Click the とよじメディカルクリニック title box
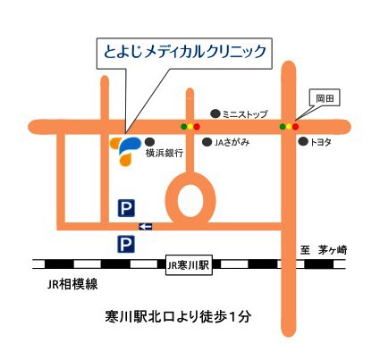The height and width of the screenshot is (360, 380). (x=183, y=52)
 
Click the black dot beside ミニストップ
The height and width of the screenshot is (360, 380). (x=215, y=113)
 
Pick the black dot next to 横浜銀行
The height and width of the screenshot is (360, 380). (x=149, y=141)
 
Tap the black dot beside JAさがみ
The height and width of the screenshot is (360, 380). (x=207, y=142)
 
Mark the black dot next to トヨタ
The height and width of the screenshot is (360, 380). (x=303, y=142)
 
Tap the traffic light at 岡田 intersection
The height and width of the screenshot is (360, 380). (x=289, y=127)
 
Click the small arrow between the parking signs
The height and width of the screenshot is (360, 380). (x=146, y=226)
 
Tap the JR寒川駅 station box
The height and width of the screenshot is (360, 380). (x=189, y=264)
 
